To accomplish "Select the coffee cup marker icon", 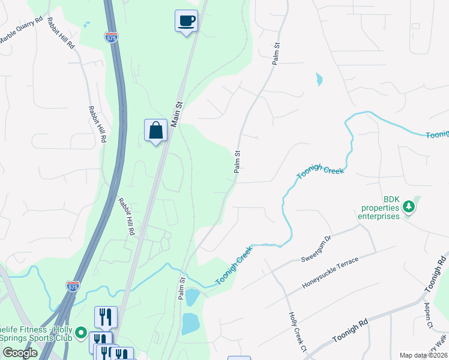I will [x=186, y=20].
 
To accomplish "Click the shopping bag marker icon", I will [x=155, y=130].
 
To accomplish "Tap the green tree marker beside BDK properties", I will [x=409, y=207].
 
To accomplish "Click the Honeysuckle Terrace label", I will [x=331, y=275].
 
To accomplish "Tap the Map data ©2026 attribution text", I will [x=423, y=355].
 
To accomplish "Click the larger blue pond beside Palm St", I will [x=191, y=323].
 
